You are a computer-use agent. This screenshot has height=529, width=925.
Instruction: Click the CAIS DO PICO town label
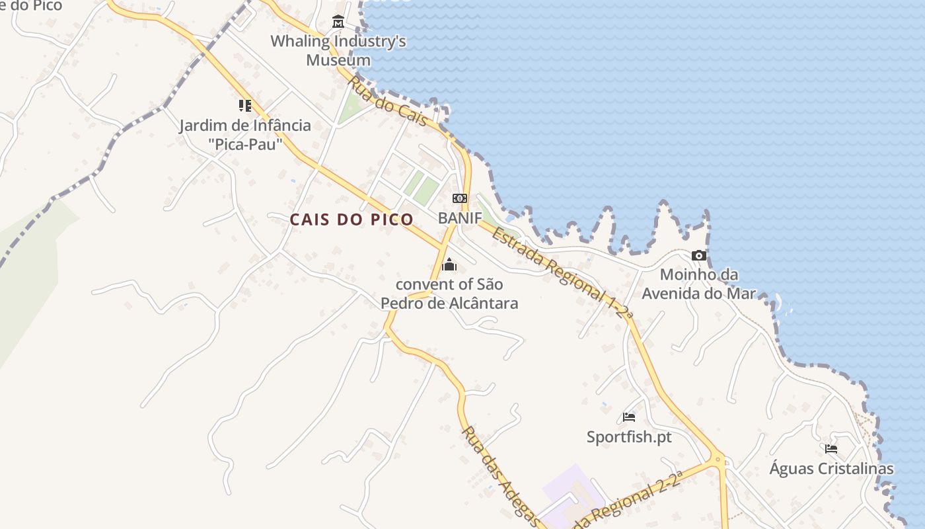coord(351,220)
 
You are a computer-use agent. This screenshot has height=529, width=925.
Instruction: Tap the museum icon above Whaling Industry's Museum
coord(338,22)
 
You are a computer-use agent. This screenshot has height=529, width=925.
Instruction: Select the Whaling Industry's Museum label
coord(338,51)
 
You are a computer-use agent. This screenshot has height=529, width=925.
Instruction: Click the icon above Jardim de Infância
coord(245,105)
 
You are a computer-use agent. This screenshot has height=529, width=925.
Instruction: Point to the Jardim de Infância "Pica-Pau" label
coord(245,134)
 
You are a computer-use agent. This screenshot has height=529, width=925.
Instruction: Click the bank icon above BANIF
coord(459,198)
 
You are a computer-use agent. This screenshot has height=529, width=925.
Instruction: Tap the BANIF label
coord(460,218)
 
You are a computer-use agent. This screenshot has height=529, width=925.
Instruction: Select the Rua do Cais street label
coord(388,101)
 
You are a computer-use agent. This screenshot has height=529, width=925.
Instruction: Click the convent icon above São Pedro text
coord(449,265)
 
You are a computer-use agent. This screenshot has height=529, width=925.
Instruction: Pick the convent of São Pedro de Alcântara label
coord(449,294)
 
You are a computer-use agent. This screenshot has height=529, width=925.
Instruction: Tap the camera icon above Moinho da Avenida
coord(699,255)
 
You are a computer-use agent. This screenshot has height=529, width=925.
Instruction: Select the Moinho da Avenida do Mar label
coord(699,284)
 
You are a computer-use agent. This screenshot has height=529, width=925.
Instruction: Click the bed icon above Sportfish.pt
coord(629,417)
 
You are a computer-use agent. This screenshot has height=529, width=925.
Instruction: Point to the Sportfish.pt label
coord(629,436)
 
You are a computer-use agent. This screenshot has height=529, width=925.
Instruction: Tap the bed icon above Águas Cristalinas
coord(831,449)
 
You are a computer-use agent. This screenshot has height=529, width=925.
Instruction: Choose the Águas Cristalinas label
coord(831,469)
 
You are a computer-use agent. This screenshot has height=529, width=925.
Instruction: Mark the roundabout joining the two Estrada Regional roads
coord(718,458)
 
